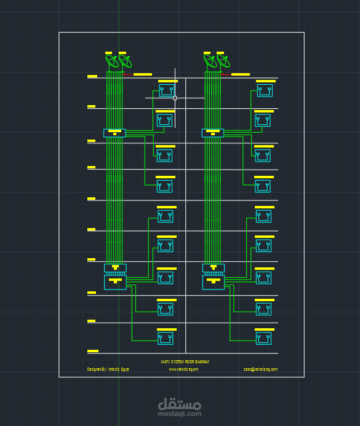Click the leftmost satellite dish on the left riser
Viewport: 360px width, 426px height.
[x=112, y=61]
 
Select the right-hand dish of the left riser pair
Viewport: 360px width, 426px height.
[x=125, y=61]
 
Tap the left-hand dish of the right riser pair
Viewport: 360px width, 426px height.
[x=210, y=61]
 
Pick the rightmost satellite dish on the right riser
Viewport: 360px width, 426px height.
[x=223, y=61]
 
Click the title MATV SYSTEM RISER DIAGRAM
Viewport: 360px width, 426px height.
[x=185, y=362]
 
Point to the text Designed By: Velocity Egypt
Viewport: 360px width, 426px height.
[x=108, y=369]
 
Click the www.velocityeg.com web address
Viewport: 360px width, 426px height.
[x=183, y=369]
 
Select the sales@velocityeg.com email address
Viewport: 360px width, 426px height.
[x=260, y=369]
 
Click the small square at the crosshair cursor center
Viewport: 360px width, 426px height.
[x=175, y=98]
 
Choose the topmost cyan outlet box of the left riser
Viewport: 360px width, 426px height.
[x=166, y=91]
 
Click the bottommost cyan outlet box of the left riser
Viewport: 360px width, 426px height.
[x=166, y=338]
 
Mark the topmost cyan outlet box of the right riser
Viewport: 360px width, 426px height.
[x=265, y=91]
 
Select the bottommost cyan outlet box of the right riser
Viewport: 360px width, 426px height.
[x=264, y=338]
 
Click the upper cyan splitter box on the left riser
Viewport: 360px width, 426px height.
[x=114, y=133]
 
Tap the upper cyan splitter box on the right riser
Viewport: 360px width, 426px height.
[x=213, y=133]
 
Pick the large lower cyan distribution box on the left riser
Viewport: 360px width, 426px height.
[x=115, y=282]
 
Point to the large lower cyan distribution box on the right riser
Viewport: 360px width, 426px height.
[x=214, y=282]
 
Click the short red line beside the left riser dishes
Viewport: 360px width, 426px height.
[x=128, y=74]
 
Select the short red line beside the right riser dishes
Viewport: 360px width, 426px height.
[x=226, y=74]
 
